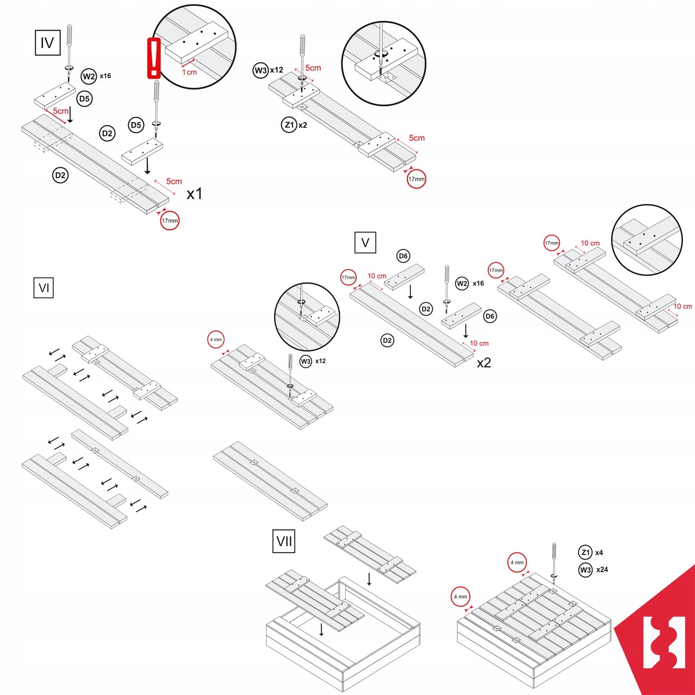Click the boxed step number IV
48,43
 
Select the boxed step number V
365,242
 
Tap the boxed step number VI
44,288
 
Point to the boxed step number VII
284,541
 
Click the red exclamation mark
154,58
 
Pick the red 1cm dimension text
189,72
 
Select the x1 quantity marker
194,194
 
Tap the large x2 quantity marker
484,363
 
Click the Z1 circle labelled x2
289,125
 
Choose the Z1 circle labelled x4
586,552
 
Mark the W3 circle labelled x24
586,569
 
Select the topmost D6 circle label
403,256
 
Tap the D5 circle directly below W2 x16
84,99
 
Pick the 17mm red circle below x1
170,221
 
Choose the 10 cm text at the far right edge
682,306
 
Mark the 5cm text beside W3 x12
313,68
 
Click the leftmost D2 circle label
60,175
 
